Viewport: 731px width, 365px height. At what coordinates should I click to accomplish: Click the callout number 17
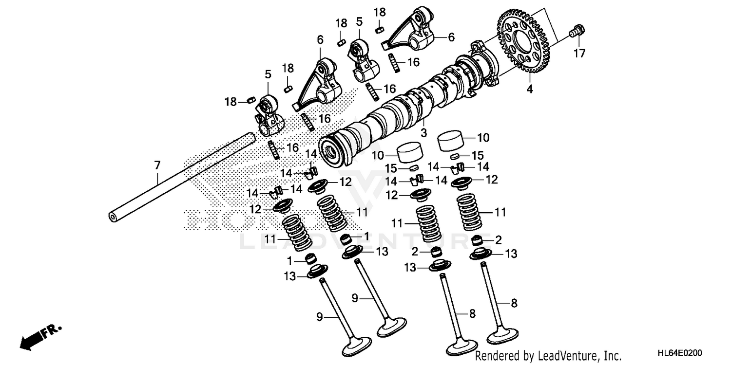pyautogui.click(x=578, y=54)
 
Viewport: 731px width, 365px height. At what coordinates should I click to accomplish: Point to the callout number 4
pyautogui.click(x=529, y=90)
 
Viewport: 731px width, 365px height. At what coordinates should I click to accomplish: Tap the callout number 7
pyautogui.click(x=157, y=166)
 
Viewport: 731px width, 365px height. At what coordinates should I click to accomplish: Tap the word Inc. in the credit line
pyautogui.click(x=612, y=356)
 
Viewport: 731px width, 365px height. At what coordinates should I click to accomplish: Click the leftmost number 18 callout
pyautogui.click(x=231, y=102)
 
